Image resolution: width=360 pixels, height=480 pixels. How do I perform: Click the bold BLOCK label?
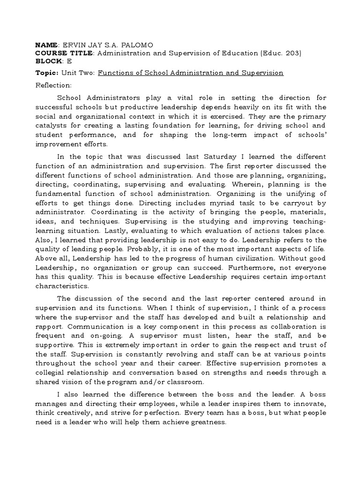pos(48,61)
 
